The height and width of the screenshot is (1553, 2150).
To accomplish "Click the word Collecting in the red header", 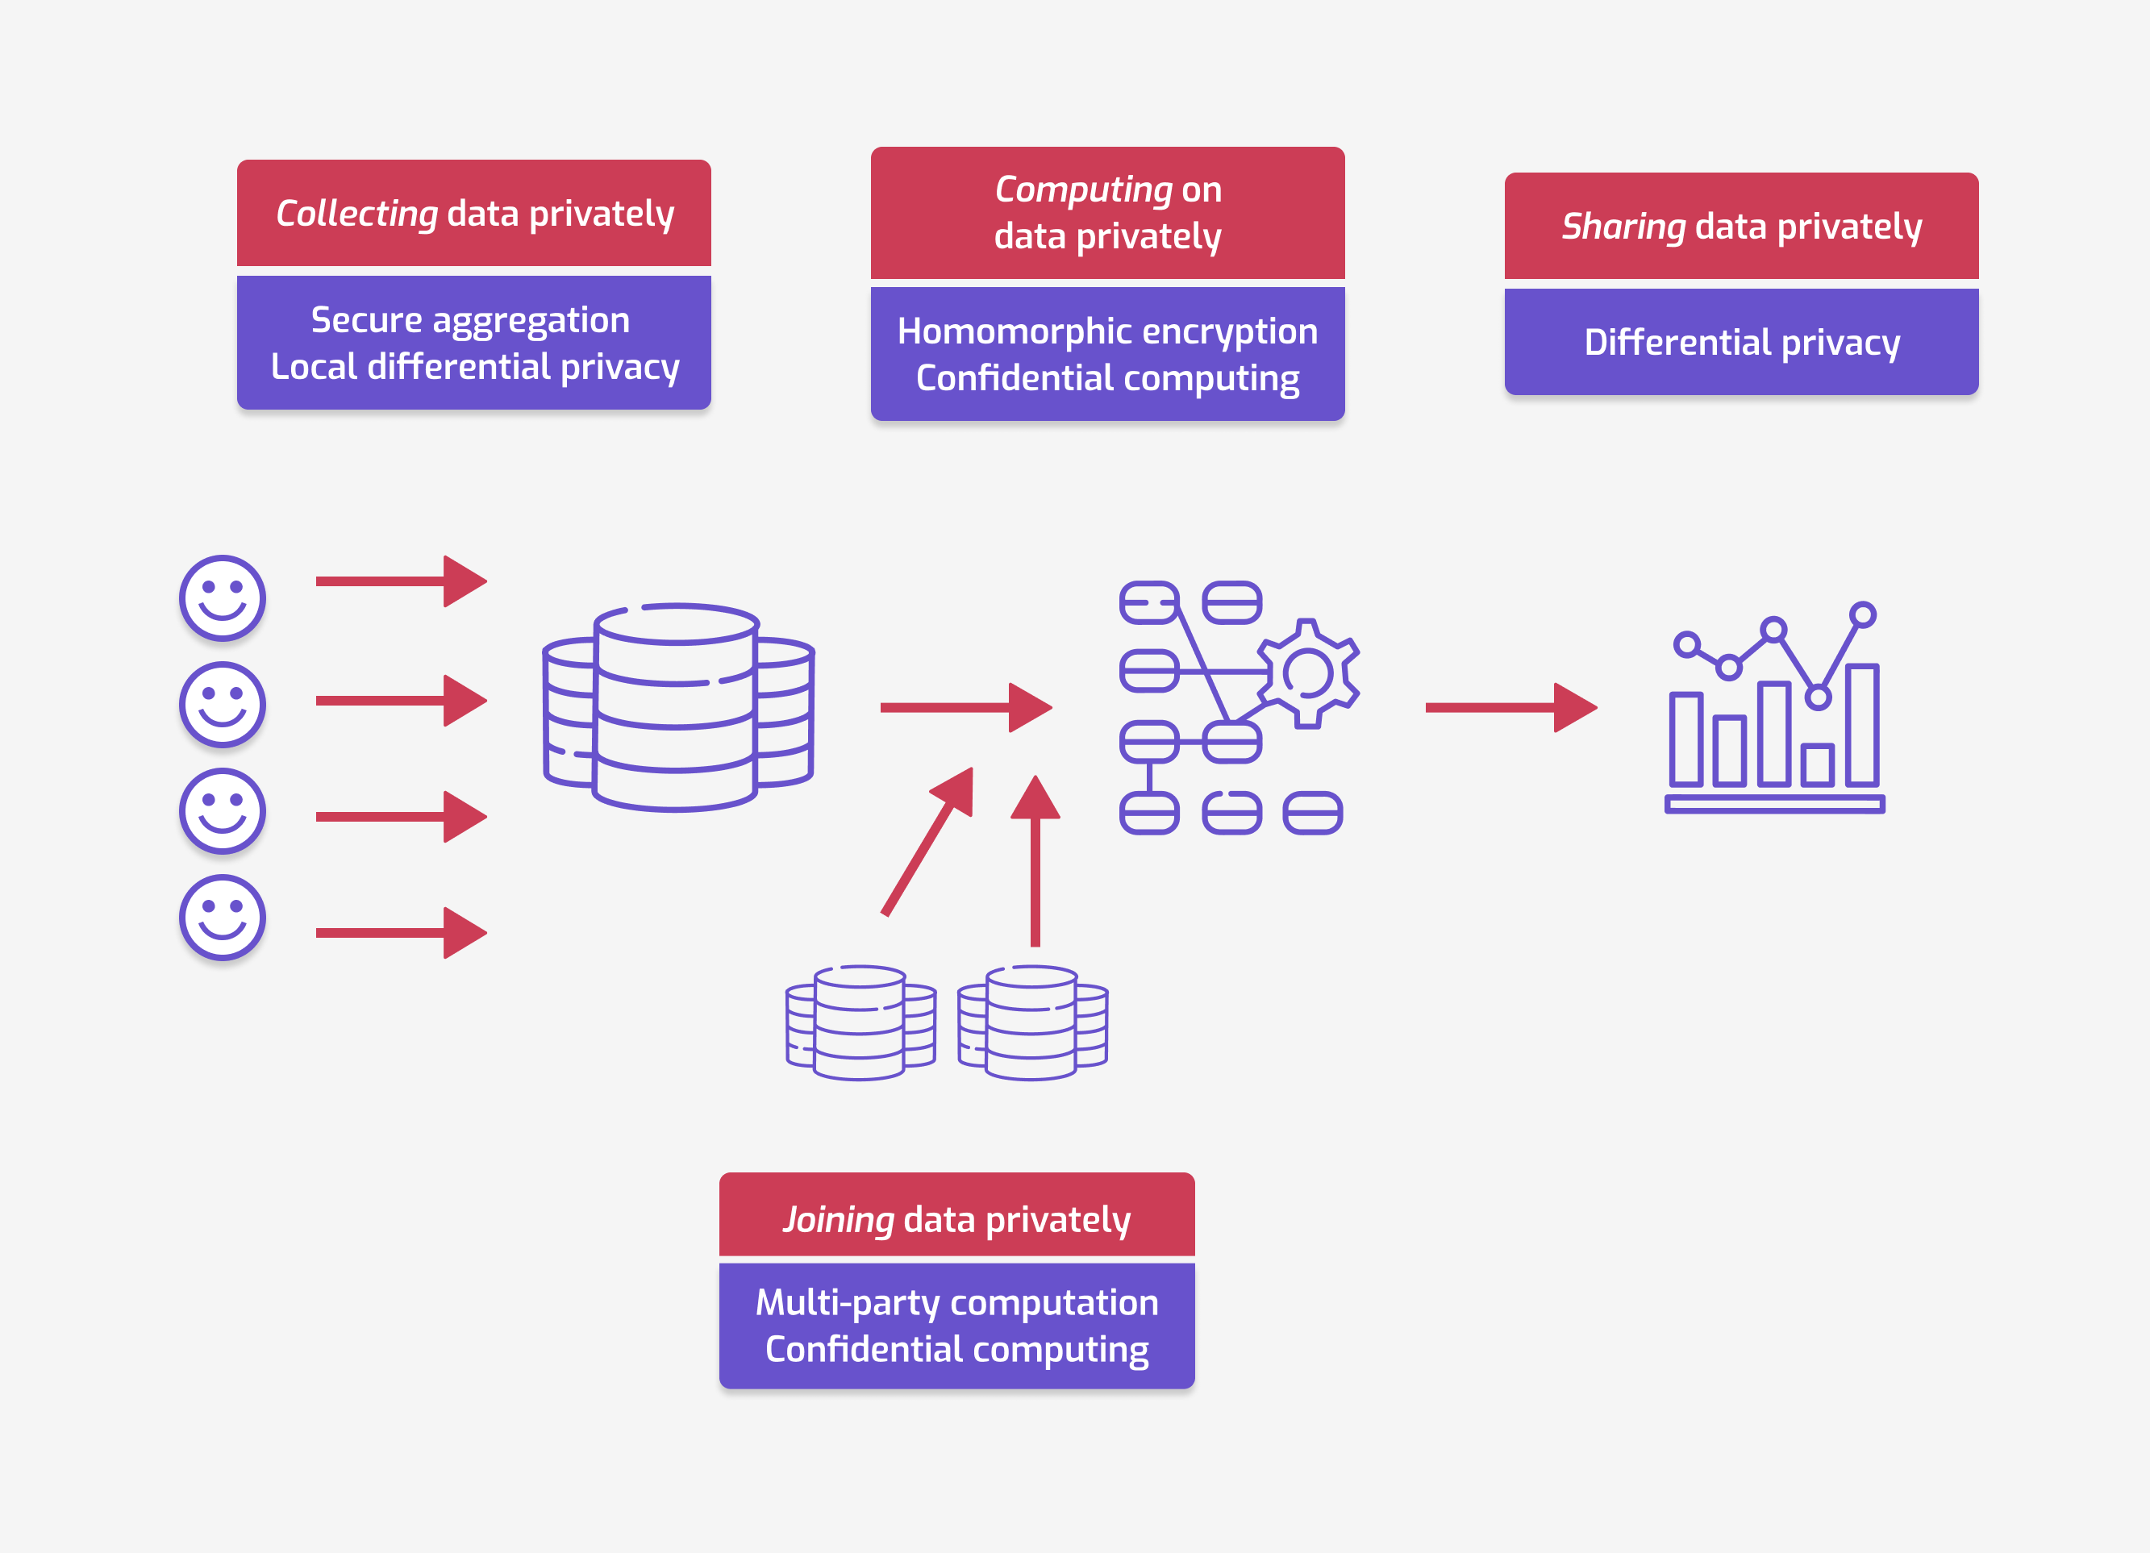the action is (x=356, y=214).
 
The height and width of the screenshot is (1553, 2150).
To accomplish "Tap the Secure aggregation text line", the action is (x=470, y=320).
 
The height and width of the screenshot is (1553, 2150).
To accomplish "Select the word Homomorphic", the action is (x=989, y=332).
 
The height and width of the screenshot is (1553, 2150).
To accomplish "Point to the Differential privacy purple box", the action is (x=1741, y=342).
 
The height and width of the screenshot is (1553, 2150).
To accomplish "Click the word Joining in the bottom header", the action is (x=838, y=1220).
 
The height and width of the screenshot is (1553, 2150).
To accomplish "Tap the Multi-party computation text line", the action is (x=956, y=1303).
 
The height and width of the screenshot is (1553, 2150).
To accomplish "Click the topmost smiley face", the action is (x=223, y=598).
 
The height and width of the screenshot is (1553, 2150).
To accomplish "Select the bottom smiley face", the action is (x=223, y=917).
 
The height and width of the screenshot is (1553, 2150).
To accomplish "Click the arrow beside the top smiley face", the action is (x=401, y=581).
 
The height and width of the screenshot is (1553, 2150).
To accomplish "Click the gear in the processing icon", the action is (x=1308, y=674).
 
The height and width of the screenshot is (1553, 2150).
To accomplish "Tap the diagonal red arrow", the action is (x=928, y=841).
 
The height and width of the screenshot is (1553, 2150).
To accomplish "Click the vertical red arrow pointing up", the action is (x=1035, y=860).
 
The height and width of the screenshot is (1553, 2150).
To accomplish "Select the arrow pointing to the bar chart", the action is (x=1511, y=707).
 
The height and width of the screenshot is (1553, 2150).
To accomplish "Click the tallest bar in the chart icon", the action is (x=1862, y=726).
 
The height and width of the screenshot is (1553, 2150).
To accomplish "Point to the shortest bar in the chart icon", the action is (x=1817, y=765).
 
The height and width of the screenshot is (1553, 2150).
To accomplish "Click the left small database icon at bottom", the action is (x=860, y=1023).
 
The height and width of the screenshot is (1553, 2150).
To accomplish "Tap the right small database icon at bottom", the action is (x=1032, y=1023).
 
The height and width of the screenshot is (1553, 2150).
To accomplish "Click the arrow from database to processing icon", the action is (x=966, y=707).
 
